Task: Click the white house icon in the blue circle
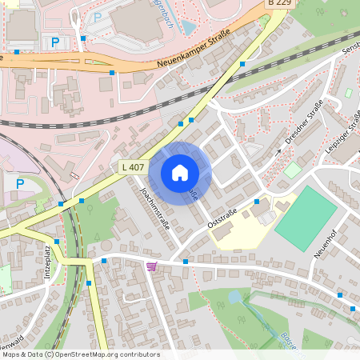[x=180, y=172]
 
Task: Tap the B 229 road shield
[x=279, y=4]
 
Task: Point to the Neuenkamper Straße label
[x=193, y=50]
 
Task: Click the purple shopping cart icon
[x=151, y=266]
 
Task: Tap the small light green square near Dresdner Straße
[x=293, y=170]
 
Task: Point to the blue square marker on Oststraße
[x=256, y=202]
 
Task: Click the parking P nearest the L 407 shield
[x=20, y=184]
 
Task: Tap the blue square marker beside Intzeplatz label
[x=57, y=240]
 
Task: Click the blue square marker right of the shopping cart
[x=185, y=262]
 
